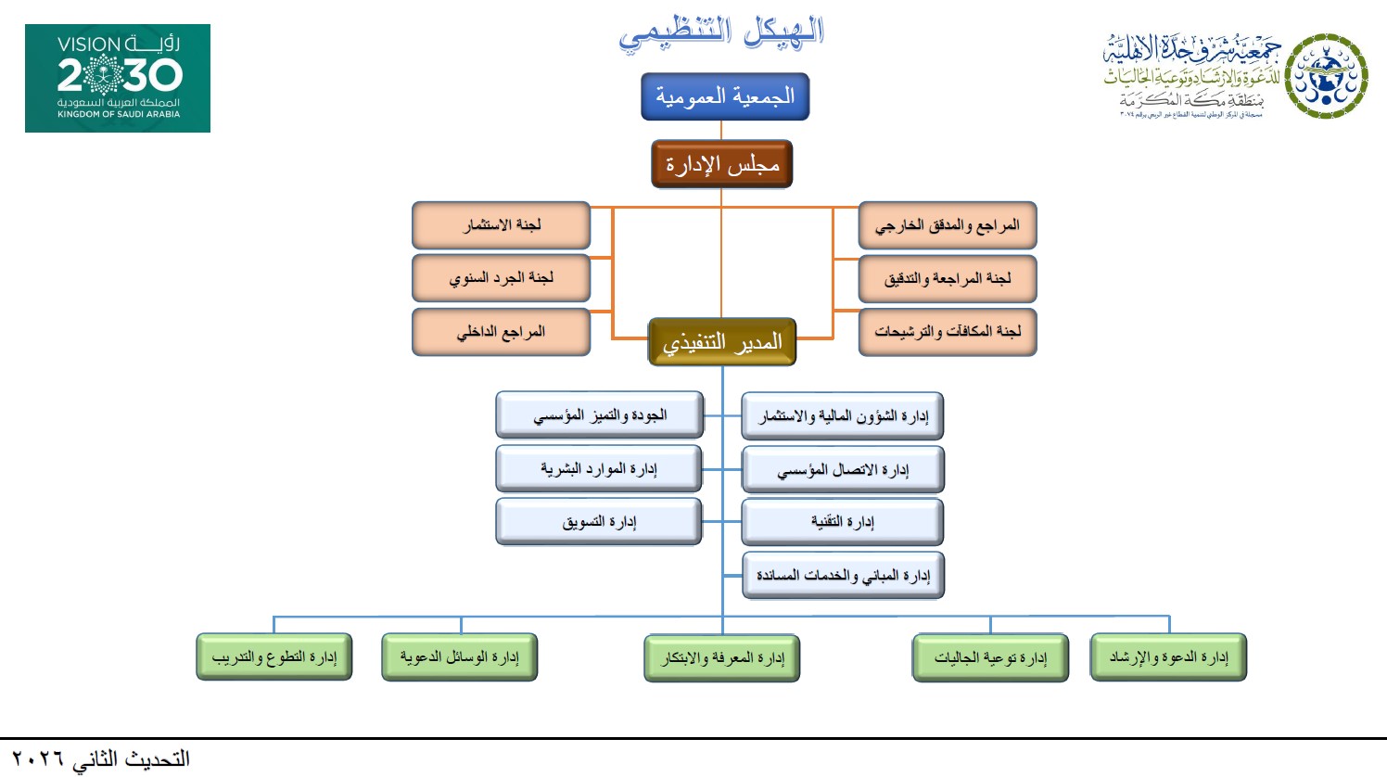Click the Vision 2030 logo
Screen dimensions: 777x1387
[118, 78]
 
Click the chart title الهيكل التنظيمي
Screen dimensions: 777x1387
[721, 33]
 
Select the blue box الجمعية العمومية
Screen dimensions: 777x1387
[725, 96]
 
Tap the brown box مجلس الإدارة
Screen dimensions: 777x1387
[722, 164]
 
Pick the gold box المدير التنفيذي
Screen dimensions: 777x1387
[722, 342]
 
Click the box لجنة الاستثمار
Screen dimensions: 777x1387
[501, 225]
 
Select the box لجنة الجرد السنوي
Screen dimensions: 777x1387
[501, 278]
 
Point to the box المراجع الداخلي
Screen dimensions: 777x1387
[501, 332]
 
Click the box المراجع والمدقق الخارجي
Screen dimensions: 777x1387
[947, 225]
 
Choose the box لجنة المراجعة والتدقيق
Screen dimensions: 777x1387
[947, 279]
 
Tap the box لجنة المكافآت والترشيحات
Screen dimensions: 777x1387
[947, 332]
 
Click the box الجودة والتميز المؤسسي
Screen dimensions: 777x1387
[599, 415]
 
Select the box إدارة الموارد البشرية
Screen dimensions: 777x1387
[599, 469]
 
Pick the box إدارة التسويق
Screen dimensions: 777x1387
[599, 522]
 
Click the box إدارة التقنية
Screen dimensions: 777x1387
[842, 522]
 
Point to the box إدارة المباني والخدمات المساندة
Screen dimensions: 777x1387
[842, 576]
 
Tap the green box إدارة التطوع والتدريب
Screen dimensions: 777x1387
[274, 657]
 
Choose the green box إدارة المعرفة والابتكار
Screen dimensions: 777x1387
[721, 658]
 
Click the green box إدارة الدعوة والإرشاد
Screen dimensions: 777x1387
[1168, 657]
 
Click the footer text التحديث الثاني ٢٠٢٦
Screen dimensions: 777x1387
[101, 759]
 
